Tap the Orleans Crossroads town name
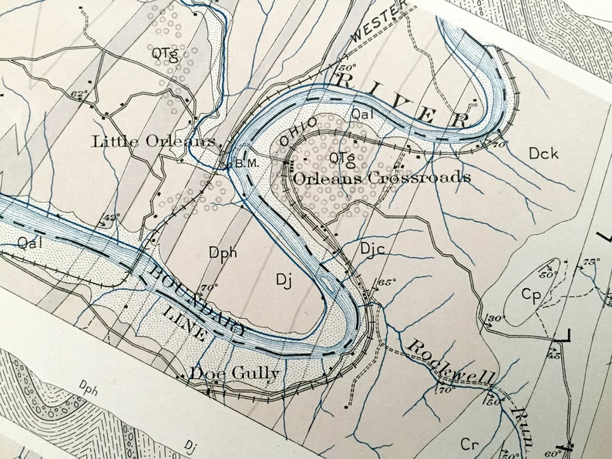coord(382,177)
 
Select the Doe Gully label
coord(235,374)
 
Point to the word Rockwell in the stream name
coord(451,364)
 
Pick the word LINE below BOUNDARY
coord(184,324)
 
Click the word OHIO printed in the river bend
coord(299,132)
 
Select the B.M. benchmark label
coord(246,163)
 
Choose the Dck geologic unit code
coord(543,153)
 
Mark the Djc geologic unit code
coord(372,248)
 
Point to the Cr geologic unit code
coord(469,444)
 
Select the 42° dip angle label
coord(112,218)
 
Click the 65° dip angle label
coord(386,283)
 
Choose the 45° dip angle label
coord(553,354)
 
